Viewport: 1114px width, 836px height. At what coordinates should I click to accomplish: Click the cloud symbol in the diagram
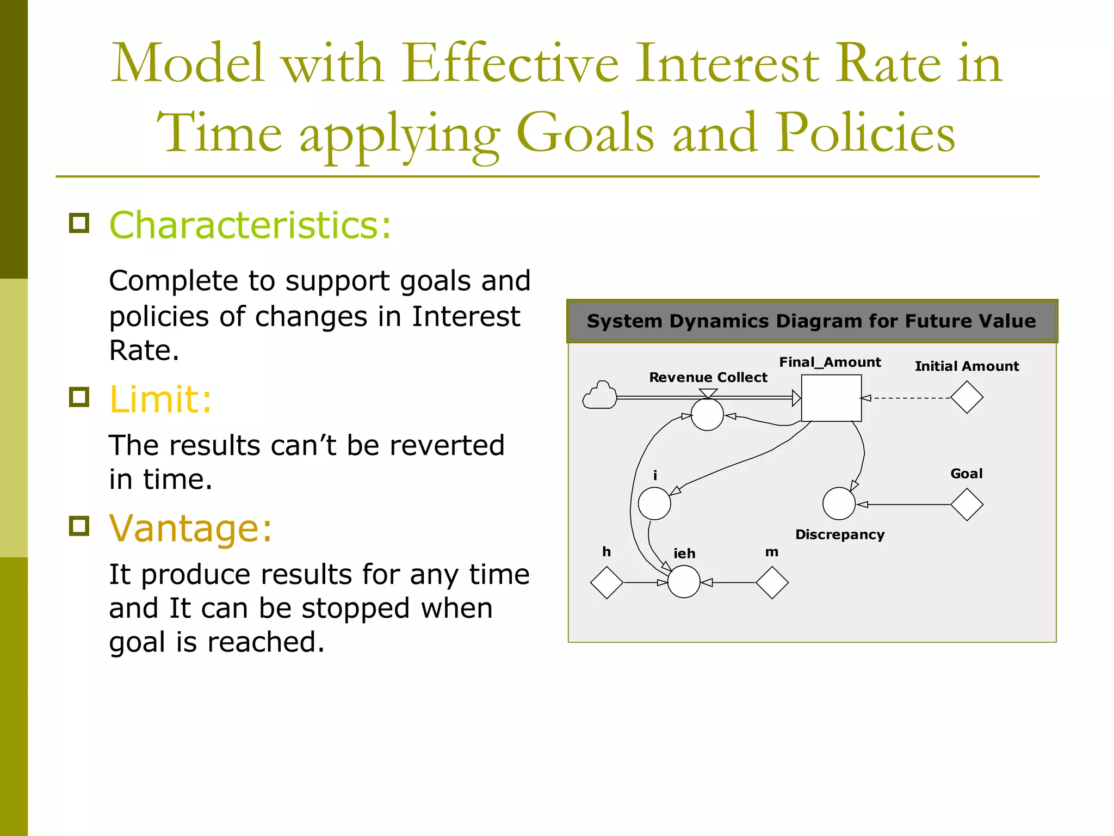pyautogui.click(x=599, y=396)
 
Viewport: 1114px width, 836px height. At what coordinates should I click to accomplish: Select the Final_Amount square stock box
pyautogui.click(x=831, y=398)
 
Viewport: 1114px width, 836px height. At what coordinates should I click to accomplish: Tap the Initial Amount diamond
pyautogui.click(x=967, y=397)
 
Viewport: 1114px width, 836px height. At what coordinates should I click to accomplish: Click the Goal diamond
pyautogui.click(x=967, y=505)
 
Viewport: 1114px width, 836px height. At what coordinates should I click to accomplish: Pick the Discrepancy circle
pyautogui.click(x=839, y=503)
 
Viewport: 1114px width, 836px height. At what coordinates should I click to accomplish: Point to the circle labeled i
pyautogui.click(x=654, y=503)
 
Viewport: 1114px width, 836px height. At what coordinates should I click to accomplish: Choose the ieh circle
pyautogui.click(x=684, y=582)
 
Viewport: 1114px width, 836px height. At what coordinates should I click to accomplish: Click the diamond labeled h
pyautogui.click(x=606, y=582)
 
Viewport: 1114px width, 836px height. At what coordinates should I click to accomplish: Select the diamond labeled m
pyautogui.click(x=772, y=582)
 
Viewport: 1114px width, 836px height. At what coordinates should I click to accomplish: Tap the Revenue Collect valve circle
pyautogui.click(x=707, y=414)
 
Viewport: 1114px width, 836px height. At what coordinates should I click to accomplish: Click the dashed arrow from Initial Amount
pyautogui.click(x=908, y=398)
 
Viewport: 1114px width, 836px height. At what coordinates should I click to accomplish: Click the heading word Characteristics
pyautogui.click(x=250, y=225)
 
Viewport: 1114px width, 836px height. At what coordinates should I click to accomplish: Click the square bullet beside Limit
pyautogui.click(x=79, y=397)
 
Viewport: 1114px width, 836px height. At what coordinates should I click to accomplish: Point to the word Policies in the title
pyautogui.click(x=865, y=132)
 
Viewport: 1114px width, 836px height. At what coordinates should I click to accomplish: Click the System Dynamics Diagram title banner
pyautogui.click(x=812, y=321)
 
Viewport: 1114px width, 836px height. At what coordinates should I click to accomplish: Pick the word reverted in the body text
pyautogui.click(x=447, y=445)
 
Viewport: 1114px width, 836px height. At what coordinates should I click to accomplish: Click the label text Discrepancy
pyautogui.click(x=839, y=534)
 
